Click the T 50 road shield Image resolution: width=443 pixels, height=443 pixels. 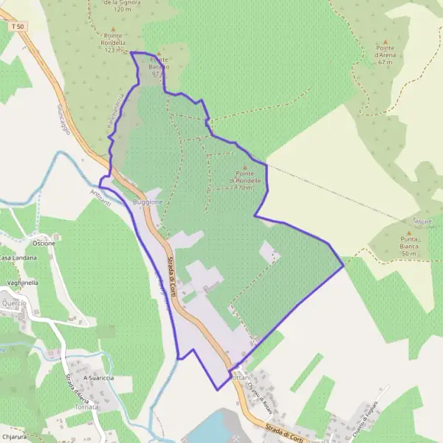pos(18,27)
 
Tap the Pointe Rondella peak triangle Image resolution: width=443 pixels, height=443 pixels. pos(113,30)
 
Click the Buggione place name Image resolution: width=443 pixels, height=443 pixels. pos(147,202)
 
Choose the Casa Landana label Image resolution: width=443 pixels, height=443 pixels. pos(17,258)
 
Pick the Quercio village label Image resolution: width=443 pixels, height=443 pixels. pos(13,303)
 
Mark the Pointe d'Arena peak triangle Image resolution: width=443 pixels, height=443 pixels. pos(385,41)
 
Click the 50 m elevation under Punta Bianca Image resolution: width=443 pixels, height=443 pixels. pos(409,253)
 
